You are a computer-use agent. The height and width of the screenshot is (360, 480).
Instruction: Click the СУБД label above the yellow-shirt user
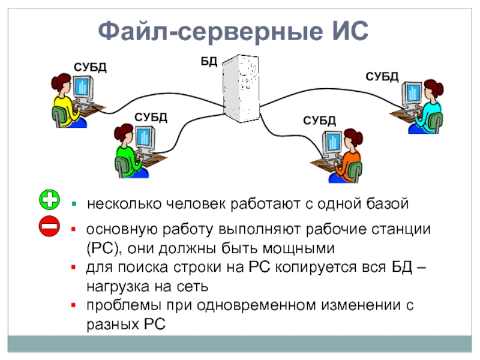(x=90, y=67)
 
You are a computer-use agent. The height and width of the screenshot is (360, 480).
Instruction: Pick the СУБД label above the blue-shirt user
(x=382, y=76)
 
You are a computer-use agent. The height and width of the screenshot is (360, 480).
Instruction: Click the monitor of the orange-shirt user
(x=333, y=144)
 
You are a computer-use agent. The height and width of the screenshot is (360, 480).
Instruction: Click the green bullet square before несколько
(x=74, y=204)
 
